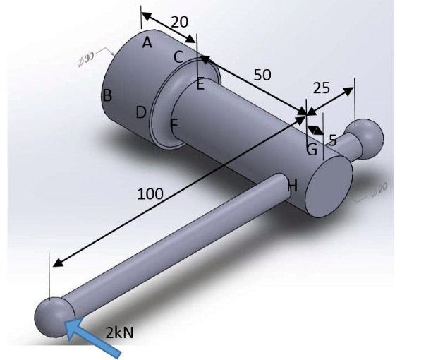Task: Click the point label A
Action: (147, 43)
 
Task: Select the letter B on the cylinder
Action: (107, 96)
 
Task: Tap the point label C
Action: (178, 56)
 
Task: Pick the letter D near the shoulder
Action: (141, 112)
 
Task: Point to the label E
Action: (200, 85)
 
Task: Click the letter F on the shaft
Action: (174, 124)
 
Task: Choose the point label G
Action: (311, 149)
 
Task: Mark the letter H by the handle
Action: (293, 185)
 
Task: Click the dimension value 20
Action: (179, 22)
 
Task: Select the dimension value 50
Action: (262, 75)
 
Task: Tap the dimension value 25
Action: (321, 88)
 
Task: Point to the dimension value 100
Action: (150, 193)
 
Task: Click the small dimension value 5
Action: (332, 140)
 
